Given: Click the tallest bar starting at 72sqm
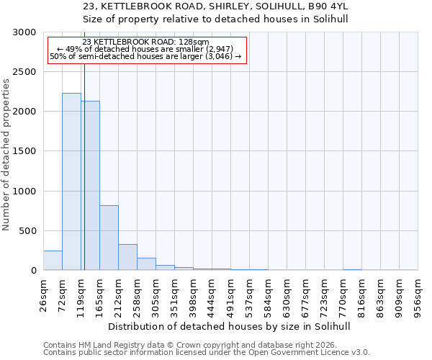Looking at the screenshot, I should click(x=71, y=181).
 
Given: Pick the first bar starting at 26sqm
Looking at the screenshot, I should click(x=53, y=261).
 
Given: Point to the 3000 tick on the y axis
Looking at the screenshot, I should click(x=24, y=32).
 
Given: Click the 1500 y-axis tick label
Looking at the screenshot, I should click(x=24, y=152).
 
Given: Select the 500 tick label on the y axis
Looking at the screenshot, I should click(x=27, y=231).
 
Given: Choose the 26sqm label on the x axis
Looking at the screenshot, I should click(x=43, y=294).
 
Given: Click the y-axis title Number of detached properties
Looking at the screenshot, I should click(x=6, y=154).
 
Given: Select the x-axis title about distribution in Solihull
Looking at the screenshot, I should click(x=230, y=326).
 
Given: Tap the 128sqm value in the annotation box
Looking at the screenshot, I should click(x=194, y=42).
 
